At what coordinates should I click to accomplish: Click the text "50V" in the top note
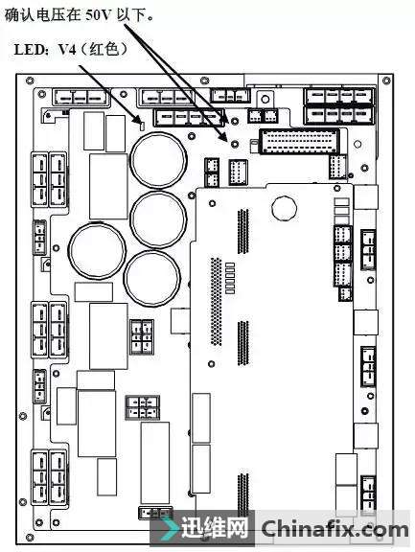click(x=99, y=16)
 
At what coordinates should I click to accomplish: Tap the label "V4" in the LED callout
click(x=67, y=50)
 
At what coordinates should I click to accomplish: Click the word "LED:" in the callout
click(x=32, y=50)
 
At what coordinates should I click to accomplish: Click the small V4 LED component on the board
click(x=142, y=126)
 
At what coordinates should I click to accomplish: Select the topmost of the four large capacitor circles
click(x=158, y=161)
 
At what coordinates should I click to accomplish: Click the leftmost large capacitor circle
click(x=97, y=250)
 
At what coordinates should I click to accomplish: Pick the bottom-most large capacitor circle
click(x=151, y=278)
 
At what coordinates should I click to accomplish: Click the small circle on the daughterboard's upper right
click(x=284, y=208)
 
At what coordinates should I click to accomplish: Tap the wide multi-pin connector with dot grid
click(x=299, y=141)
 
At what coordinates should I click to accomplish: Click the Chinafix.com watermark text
click(x=334, y=530)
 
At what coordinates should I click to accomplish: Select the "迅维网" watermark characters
click(x=215, y=528)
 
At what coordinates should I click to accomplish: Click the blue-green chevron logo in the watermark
click(x=171, y=528)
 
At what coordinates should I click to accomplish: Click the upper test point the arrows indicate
click(x=235, y=122)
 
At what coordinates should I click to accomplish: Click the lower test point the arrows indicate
click(x=235, y=144)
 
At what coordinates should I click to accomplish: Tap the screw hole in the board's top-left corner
click(x=30, y=80)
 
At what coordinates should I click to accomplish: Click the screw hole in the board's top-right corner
click(x=386, y=80)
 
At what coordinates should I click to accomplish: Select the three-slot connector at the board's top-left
click(x=81, y=97)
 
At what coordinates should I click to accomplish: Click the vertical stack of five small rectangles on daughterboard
click(x=229, y=278)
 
